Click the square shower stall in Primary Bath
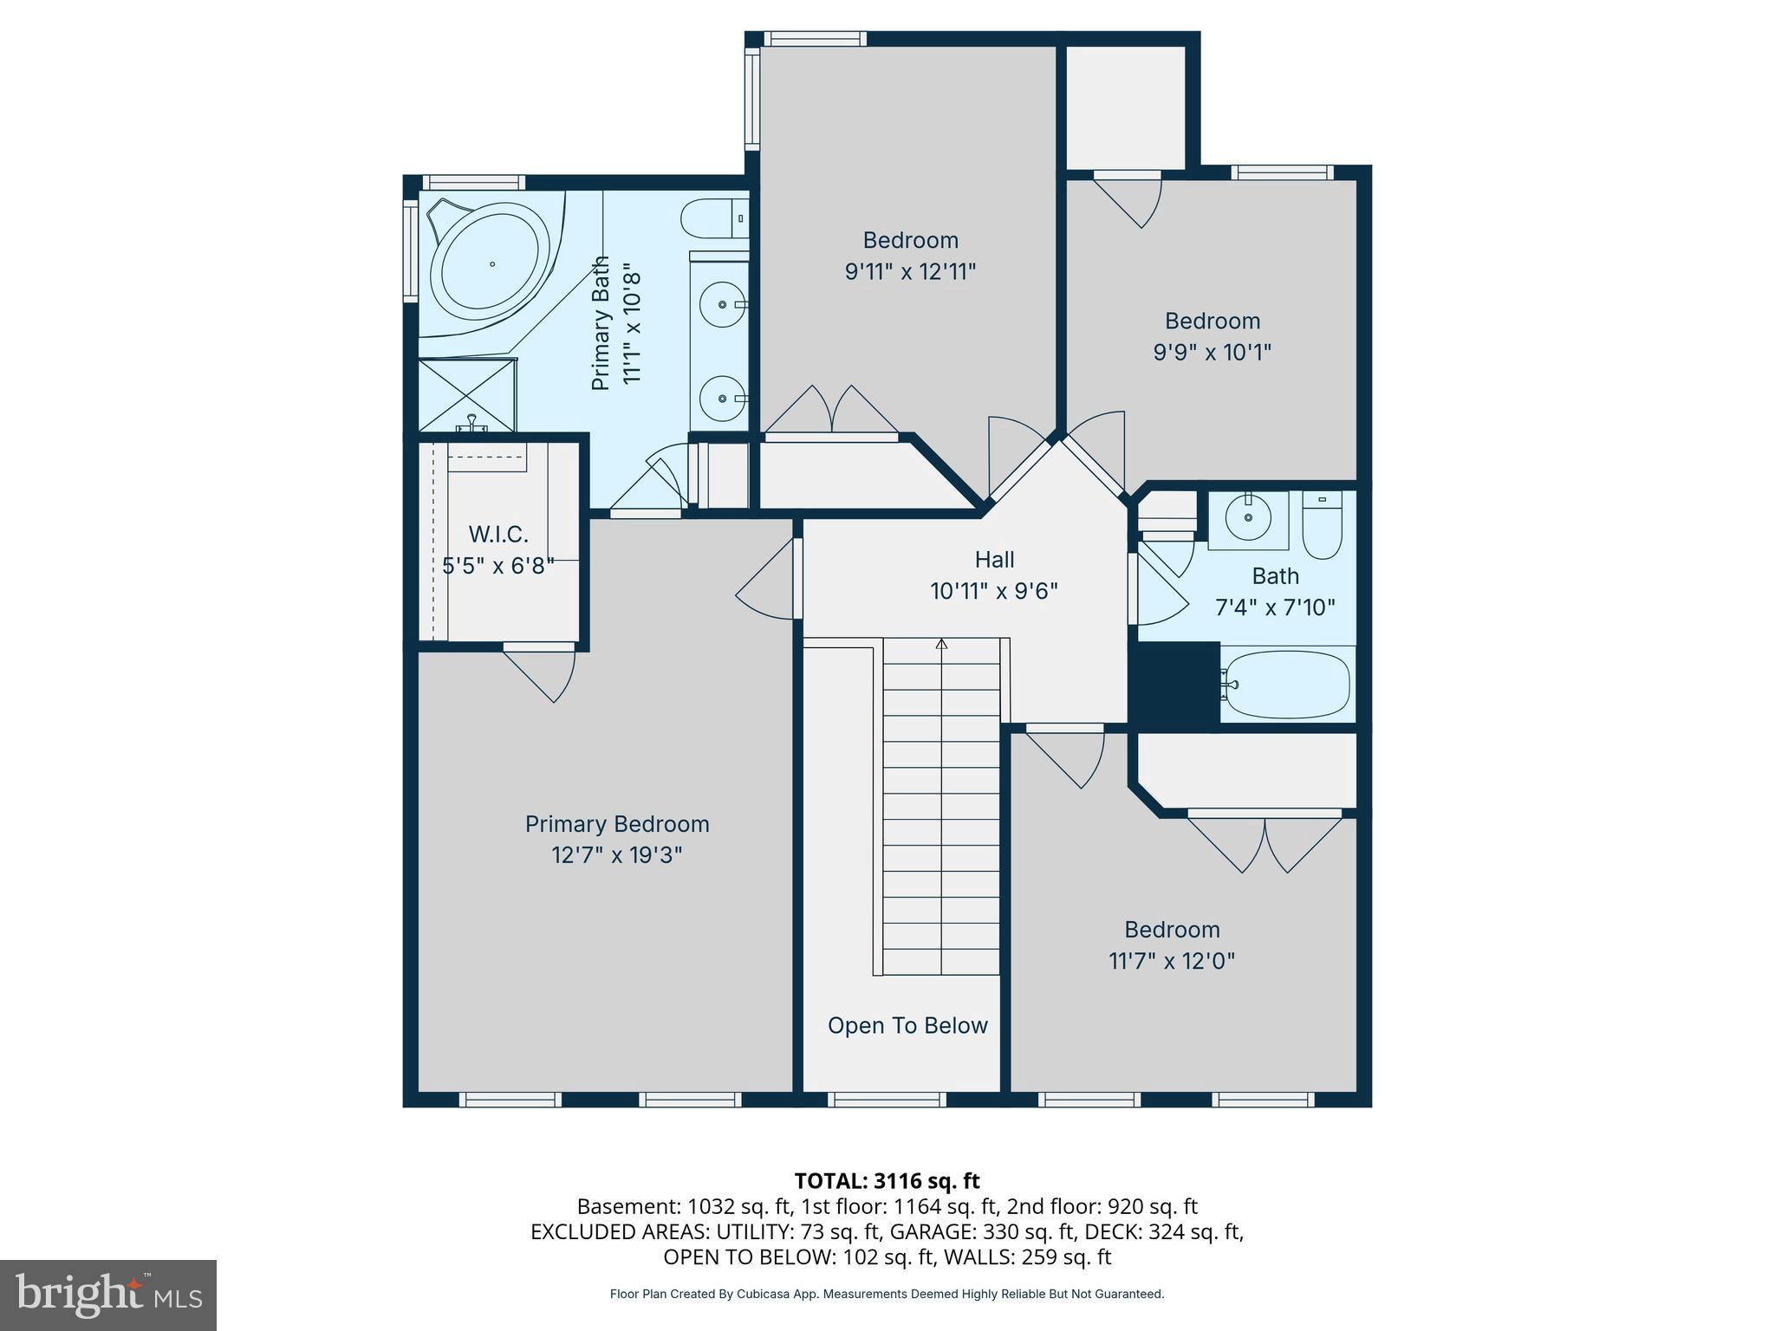[466, 395]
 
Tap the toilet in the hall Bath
[1323, 527]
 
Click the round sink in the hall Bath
[1248, 518]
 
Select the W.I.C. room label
[497, 535]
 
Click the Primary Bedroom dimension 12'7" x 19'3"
[617, 855]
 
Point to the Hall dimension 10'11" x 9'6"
[994, 591]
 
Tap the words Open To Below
[907, 1026]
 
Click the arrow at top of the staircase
[941, 644]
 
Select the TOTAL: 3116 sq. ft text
[887, 1181]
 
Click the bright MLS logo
[108, 1295]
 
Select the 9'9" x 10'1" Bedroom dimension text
[1212, 353]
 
